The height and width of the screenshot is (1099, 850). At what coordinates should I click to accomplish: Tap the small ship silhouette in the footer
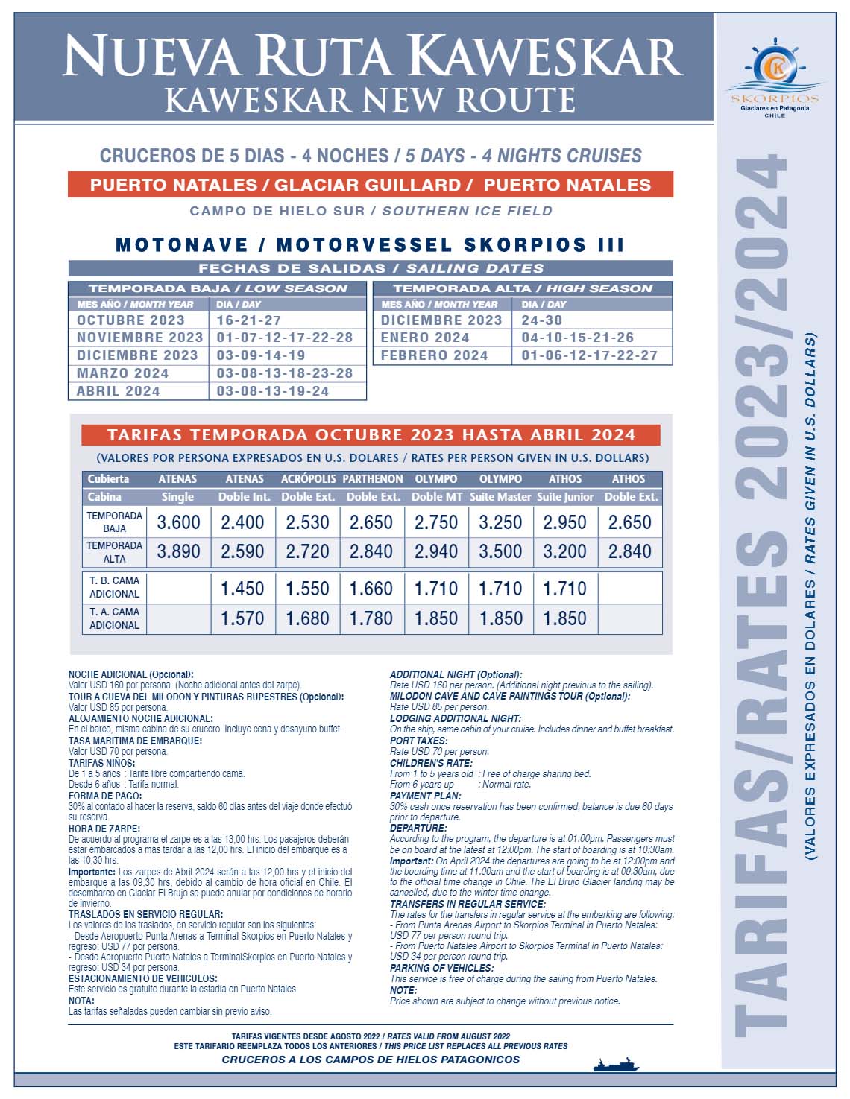[616, 1064]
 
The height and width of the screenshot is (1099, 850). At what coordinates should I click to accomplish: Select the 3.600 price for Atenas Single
[178, 522]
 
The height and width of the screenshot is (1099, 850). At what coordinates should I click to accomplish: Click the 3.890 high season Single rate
[178, 551]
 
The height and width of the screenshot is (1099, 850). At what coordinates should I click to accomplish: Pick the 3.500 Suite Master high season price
[500, 551]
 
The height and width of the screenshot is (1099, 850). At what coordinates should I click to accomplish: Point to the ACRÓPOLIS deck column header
[308, 479]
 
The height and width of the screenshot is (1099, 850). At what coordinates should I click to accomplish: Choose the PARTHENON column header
[372, 479]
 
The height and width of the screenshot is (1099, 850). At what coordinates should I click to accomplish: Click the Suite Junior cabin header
[565, 497]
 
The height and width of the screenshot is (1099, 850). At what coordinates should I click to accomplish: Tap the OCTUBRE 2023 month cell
[130, 320]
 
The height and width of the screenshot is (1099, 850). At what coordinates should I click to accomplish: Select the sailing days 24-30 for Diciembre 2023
[542, 320]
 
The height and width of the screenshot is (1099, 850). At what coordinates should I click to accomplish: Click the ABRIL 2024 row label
[119, 391]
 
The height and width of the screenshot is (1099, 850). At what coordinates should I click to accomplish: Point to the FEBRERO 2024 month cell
[434, 355]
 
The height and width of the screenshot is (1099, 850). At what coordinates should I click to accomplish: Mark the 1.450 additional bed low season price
[242, 589]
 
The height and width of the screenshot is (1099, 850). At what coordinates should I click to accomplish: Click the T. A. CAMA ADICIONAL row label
[114, 618]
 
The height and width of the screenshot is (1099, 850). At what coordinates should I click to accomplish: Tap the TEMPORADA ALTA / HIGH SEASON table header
[523, 288]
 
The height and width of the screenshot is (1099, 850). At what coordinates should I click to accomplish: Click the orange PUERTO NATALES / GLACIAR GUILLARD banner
[371, 185]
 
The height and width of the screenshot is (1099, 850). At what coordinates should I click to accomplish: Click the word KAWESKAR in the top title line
[545, 57]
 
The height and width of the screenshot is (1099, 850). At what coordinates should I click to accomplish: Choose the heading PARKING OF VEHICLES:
[441, 968]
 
